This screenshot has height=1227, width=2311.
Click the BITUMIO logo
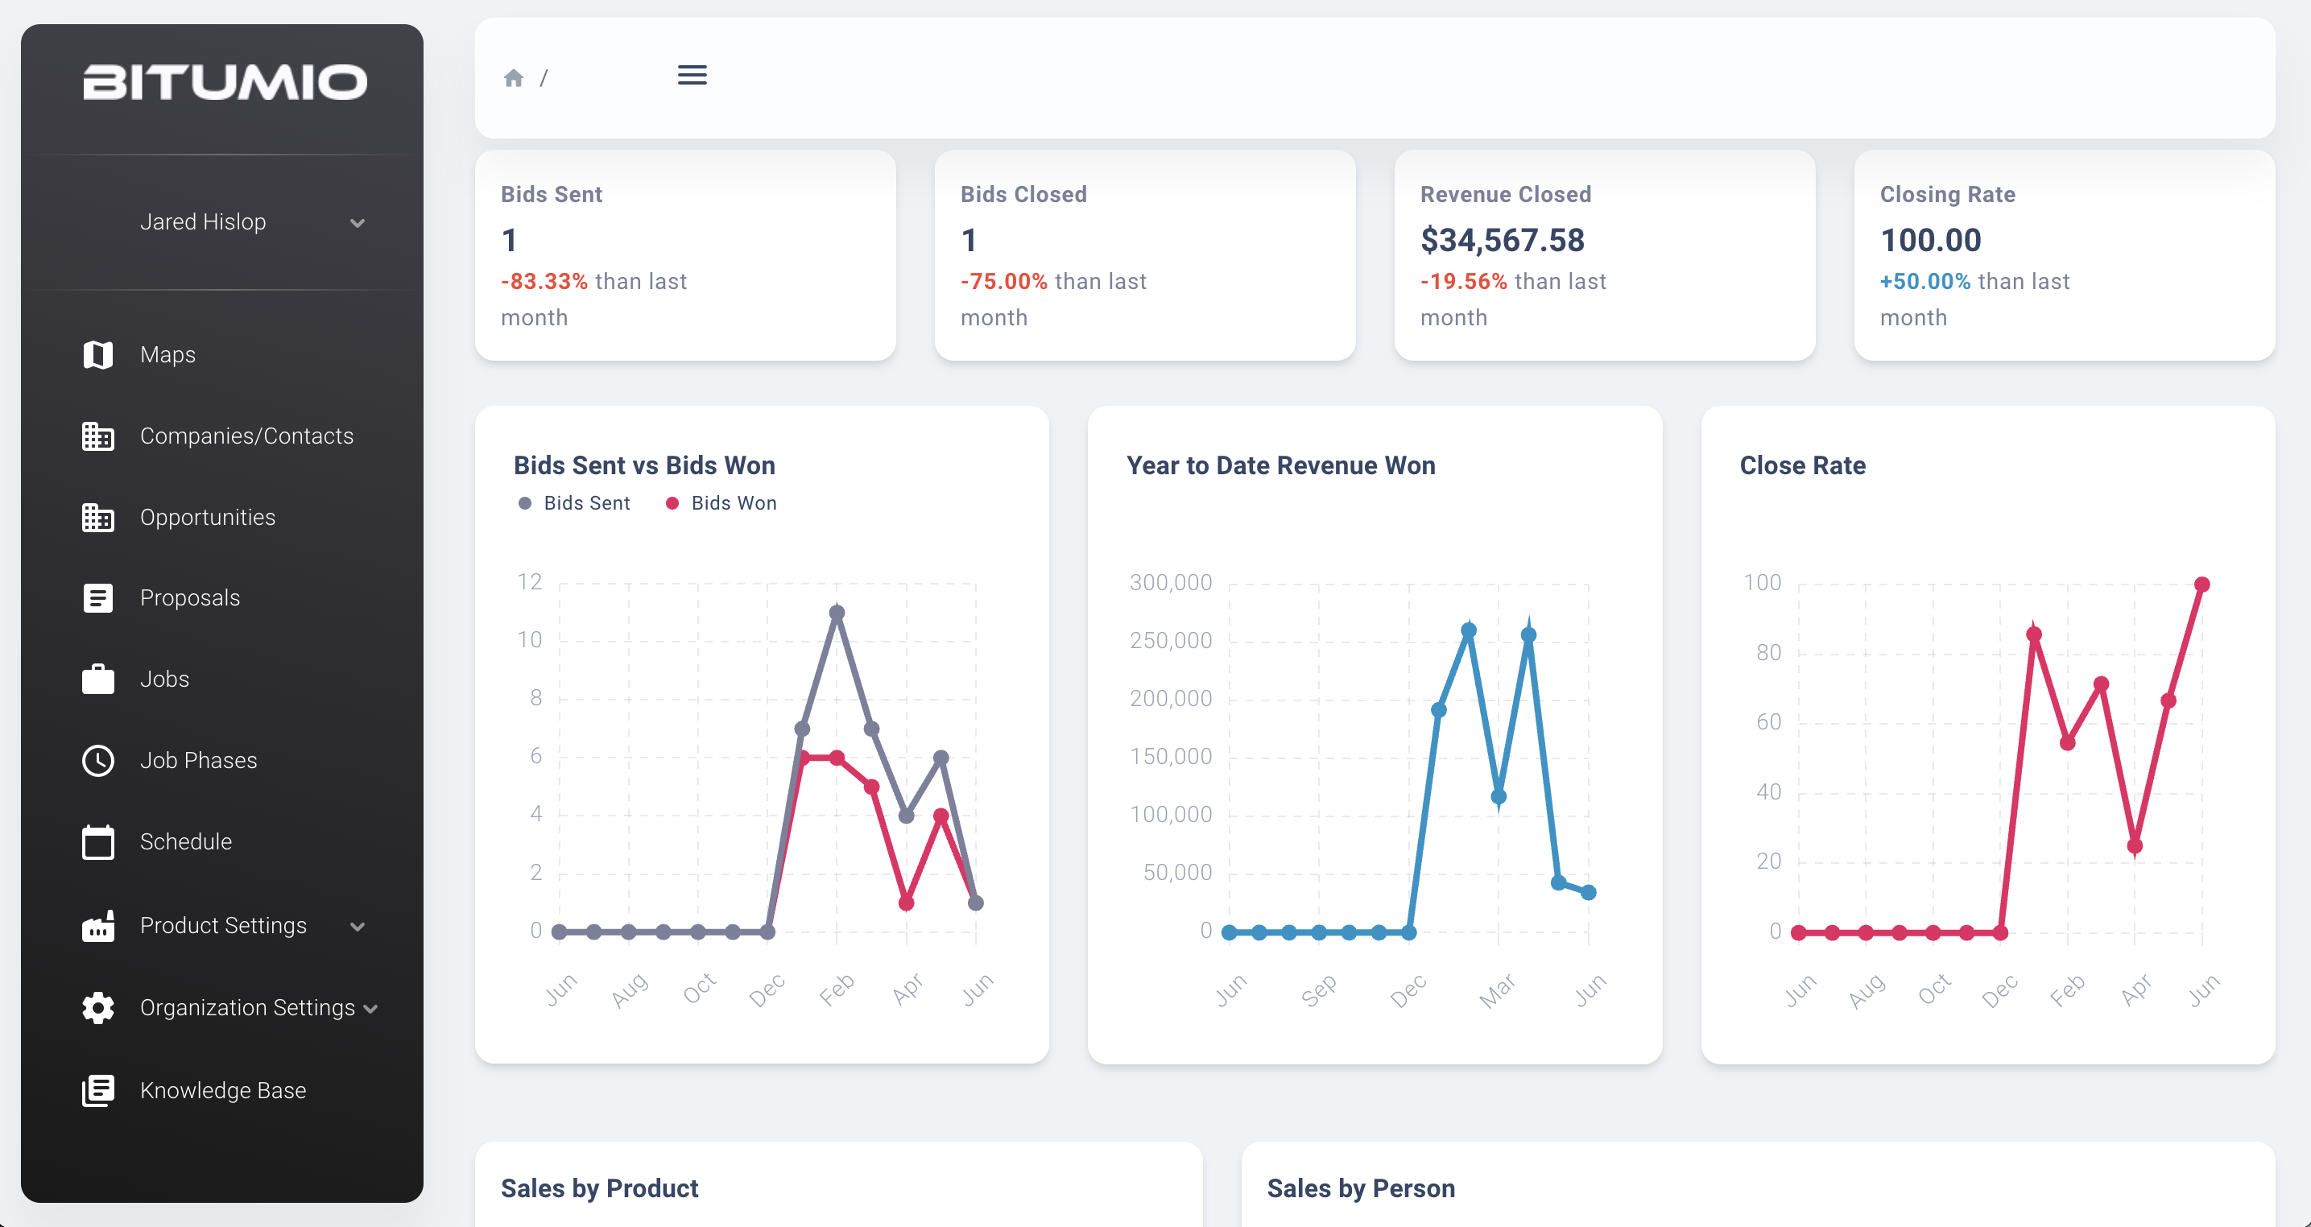tap(225, 82)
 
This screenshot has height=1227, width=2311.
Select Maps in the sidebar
tap(167, 354)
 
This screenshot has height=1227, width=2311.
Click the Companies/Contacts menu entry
tap(246, 436)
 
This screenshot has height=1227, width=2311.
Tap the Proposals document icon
tap(97, 598)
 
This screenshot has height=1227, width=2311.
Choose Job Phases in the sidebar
tap(198, 761)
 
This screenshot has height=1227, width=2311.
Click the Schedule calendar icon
tap(97, 842)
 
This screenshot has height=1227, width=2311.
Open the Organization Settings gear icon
tap(97, 1008)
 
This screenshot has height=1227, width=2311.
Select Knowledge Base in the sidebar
tap(222, 1091)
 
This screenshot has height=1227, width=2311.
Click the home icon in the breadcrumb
tap(513, 78)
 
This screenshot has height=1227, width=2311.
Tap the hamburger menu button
tap(692, 76)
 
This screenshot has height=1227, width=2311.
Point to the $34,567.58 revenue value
tap(1502, 241)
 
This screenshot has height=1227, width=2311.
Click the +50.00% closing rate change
tap(1924, 282)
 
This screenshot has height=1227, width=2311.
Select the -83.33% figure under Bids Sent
tap(544, 282)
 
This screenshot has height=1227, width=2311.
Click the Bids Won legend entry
tap(721, 503)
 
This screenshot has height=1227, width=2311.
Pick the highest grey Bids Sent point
tap(836, 613)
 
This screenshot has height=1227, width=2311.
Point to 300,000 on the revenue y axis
tap(1170, 583)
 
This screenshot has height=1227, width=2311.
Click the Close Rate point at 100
tap(2201, 585)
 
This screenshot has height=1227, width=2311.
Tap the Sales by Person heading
tap(1360, 1188)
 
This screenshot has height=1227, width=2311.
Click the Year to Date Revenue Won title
tap(1280, 465)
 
